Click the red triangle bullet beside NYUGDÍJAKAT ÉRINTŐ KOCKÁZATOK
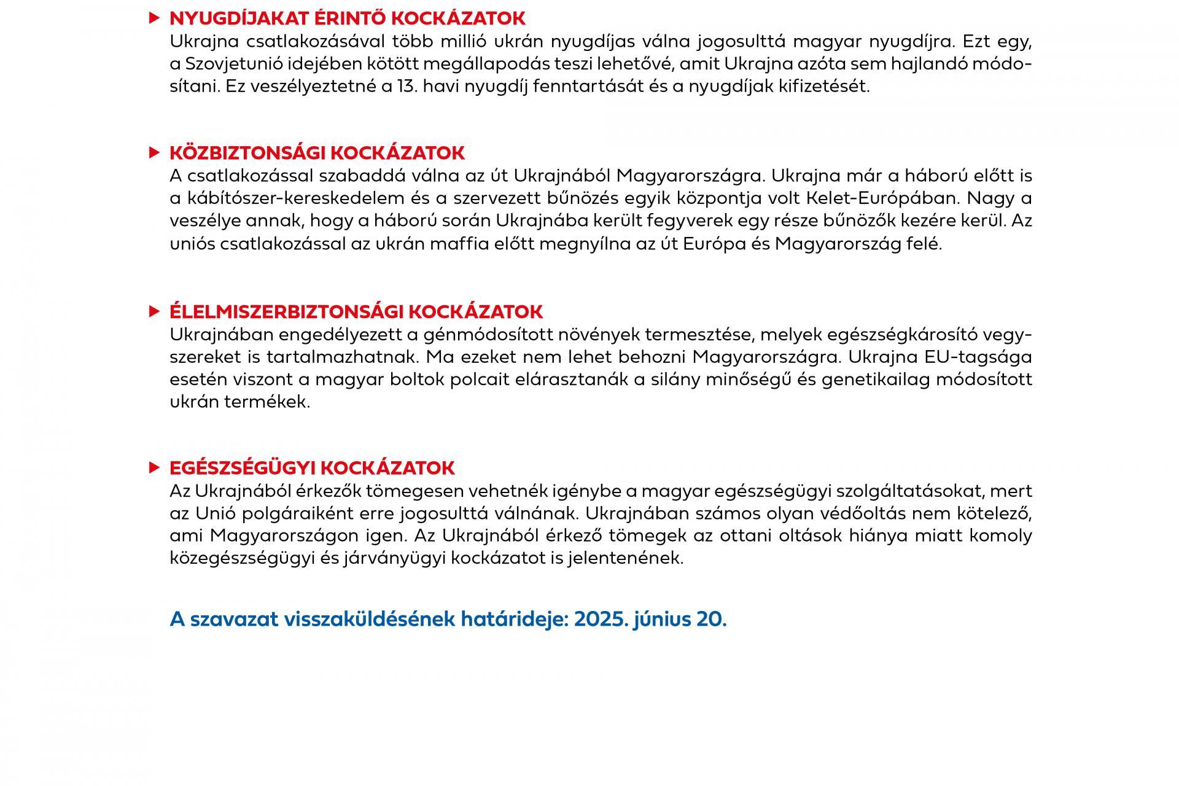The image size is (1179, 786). point(154,18)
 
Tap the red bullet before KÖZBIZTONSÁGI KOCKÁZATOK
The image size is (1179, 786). point(154,152)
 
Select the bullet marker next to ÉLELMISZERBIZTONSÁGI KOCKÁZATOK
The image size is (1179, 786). point(154,311)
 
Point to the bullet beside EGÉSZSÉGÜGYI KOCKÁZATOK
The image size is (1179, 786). point(154,468)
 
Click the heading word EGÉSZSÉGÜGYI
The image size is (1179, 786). point(243,468)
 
